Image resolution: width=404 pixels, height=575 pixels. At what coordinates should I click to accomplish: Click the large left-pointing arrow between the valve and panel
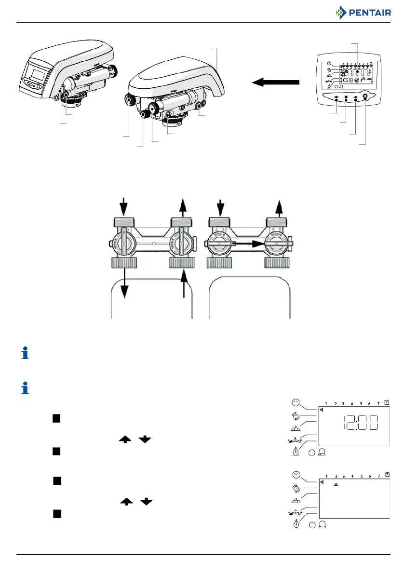[x=275, y=83]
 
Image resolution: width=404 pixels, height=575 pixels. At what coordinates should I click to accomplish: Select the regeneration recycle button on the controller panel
[x=365, y=97]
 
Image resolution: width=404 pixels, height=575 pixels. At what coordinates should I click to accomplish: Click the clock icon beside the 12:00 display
[x=295, y=403]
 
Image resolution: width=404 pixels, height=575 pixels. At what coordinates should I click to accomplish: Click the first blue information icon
[x=26, y=355]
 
